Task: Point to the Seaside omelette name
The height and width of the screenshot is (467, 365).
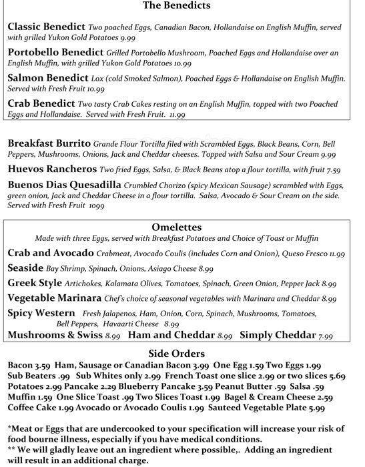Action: click(25, 268)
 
